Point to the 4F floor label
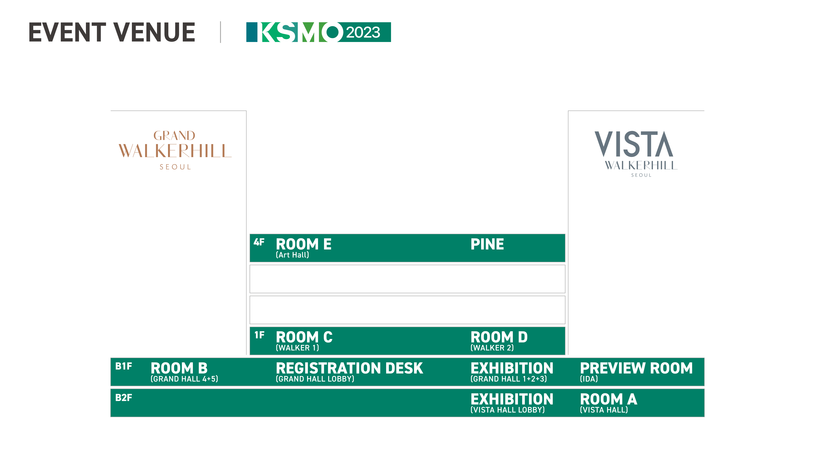pos(259,242)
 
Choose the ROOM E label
pos(303,244)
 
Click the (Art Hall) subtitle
pos(292,255)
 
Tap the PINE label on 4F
pos(487,244)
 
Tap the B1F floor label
pos(123,366)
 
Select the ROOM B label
pos(179,368)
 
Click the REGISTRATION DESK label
pos(349,368)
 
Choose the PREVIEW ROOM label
pos(636,368)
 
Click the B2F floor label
pos(123,398)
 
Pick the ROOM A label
pos(608,399)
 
